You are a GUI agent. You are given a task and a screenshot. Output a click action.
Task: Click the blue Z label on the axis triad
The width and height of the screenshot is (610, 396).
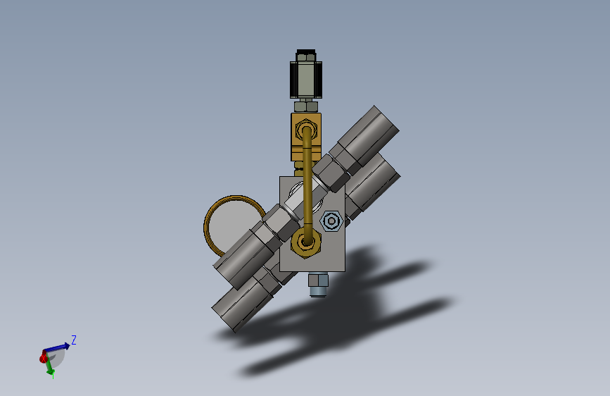point(74,340)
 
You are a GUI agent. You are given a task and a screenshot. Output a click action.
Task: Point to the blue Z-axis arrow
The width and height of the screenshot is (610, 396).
point(57,347)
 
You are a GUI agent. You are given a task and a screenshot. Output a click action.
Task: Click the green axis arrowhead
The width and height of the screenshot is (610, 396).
point(51,373)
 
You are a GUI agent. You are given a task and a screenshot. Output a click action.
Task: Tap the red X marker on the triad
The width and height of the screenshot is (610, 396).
point(44,357)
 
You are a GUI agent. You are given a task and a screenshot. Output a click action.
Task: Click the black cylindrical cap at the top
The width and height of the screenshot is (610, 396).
point(306,74)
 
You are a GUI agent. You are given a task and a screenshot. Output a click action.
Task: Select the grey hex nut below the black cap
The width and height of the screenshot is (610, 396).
point(306,106)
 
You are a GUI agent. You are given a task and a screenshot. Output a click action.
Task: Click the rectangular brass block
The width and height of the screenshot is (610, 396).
point(306,137)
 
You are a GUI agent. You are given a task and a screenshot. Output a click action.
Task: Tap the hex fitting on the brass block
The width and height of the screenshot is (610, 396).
point(306,130)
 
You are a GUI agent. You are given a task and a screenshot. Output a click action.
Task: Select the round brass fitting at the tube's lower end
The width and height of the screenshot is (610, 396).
point(306,243)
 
